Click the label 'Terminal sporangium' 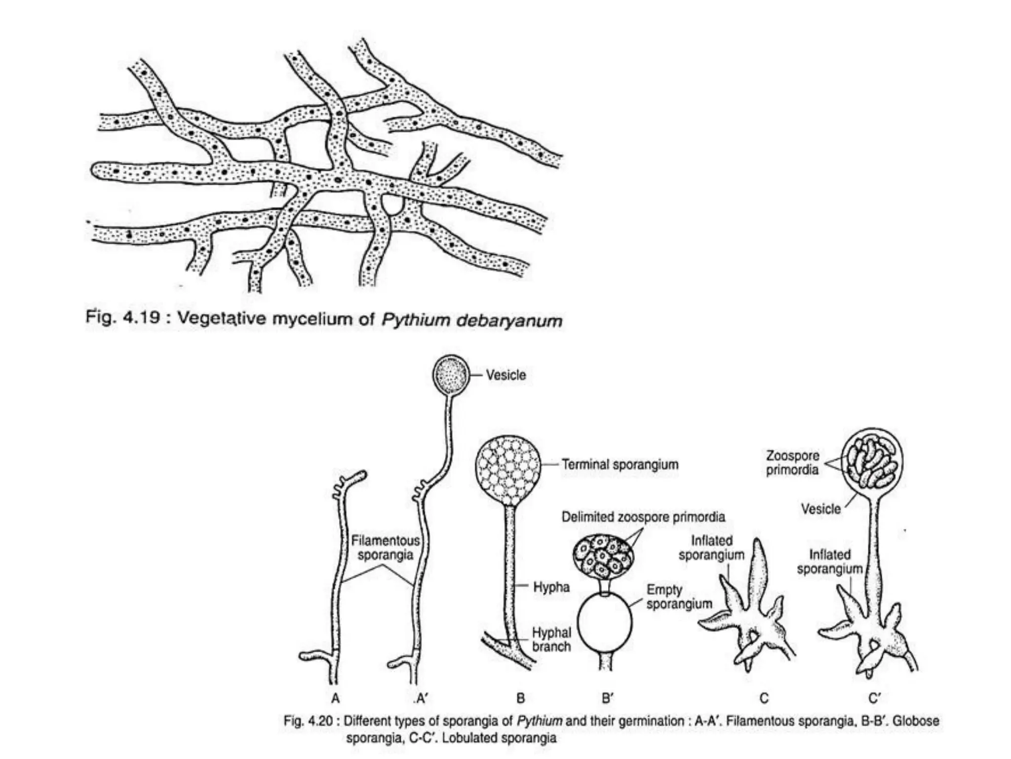(620, 464)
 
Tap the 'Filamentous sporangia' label (385, 548)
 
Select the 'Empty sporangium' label (679, 596)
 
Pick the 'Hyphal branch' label (551, 639)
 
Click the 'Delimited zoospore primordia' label (643, 517)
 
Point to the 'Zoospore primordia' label (792, 463)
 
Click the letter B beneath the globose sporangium (520, 698)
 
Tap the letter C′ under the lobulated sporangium (874, 698)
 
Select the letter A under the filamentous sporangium (336, 698)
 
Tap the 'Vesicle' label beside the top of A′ (506, 375)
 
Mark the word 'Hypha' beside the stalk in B (551, 587)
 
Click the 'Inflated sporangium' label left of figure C (711, 548)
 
